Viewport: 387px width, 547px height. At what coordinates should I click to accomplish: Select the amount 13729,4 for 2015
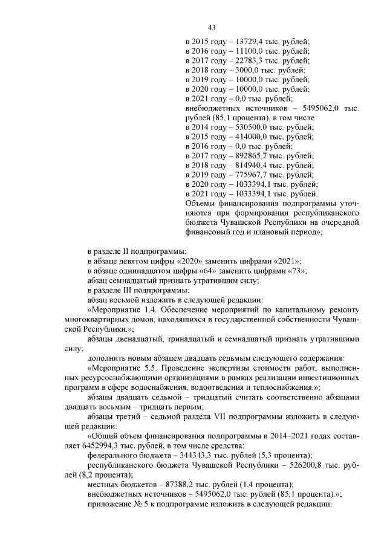[246, 41]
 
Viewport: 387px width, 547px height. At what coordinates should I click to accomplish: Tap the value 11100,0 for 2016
[246, 51]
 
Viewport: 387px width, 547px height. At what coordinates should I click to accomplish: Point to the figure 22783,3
[246, 60]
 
